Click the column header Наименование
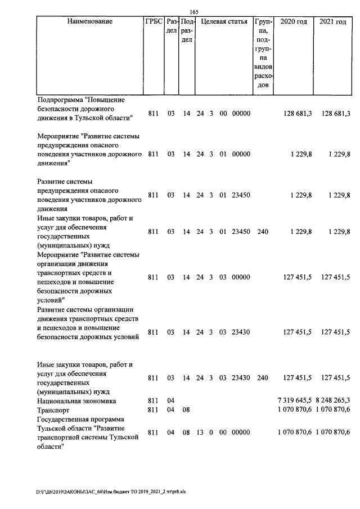(89, 22)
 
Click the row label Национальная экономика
(76, 400)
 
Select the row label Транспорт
(53, 409)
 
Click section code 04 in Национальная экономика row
(171, 400)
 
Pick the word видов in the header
(263, 67)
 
